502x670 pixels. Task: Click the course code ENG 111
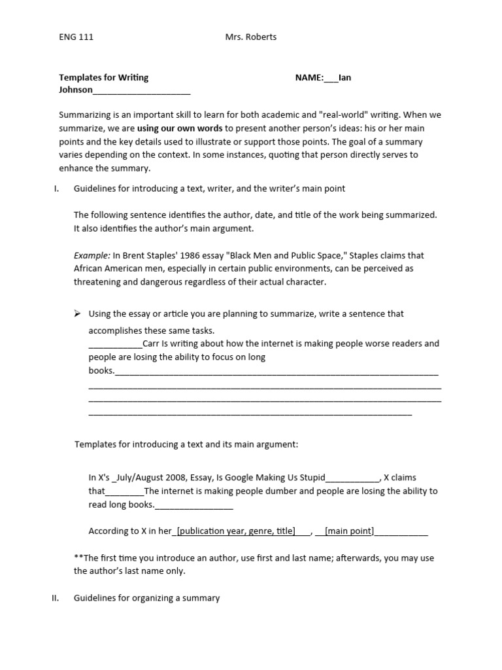(x=76, y=37)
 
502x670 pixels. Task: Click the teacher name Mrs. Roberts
(x=251, y=37)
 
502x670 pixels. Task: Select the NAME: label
(x=309, y=77)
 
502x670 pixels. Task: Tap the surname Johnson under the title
(x=76, y=90)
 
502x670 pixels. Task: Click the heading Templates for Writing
(x=104, y=77)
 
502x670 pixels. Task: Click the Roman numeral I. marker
(x=57, y=188)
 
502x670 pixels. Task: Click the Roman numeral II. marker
(x=56, y=598)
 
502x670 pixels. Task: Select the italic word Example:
(x=92, y=255)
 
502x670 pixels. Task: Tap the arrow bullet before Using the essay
(x=77, y=313)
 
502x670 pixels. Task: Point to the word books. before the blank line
(x=101, y=371)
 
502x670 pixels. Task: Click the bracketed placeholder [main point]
(x=350, y=531)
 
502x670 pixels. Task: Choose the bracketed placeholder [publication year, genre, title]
(x=236, y=531)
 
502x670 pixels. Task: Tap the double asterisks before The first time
(x=78, y=558)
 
